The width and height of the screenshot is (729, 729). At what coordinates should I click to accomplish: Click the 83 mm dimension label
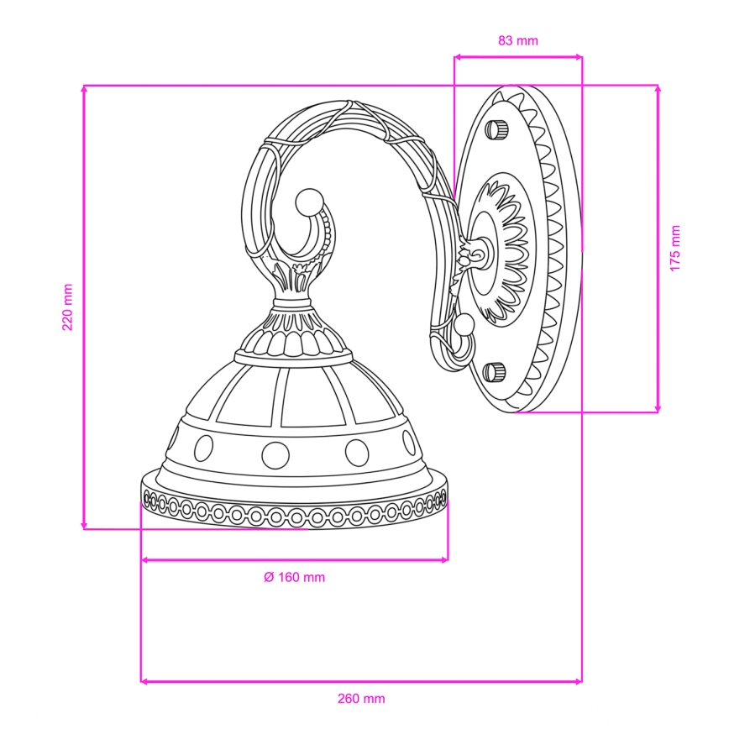coord(518,41)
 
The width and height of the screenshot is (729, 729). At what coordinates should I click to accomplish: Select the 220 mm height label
coord(68,307)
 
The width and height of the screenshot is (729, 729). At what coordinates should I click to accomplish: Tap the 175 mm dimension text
coord(675,249)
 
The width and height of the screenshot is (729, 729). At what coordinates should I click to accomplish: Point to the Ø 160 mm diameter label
coord(294,578)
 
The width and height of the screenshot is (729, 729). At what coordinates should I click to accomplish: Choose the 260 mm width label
coord(361,699)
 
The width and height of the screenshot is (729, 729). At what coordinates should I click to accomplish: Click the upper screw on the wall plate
coord(496,128)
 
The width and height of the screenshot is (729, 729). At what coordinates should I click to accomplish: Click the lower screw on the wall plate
coord(494,372)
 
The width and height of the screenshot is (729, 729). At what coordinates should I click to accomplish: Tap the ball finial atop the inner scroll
coord(309,202)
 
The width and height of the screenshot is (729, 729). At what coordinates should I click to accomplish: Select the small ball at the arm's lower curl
coord(464,323)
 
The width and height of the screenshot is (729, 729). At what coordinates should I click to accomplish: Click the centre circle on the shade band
coord(275,454)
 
